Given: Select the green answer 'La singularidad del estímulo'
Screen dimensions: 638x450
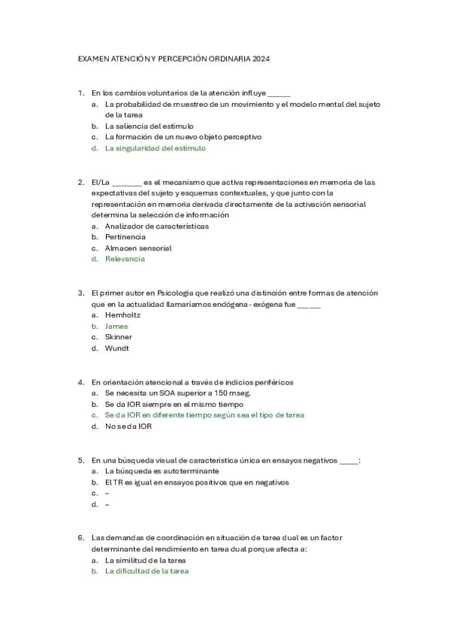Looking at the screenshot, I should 155,148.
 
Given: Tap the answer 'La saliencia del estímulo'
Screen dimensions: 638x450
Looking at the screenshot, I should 149,126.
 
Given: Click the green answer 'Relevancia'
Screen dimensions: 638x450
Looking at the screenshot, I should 125,259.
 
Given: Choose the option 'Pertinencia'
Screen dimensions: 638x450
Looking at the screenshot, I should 125,236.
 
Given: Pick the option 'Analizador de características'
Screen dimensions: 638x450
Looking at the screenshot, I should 157,226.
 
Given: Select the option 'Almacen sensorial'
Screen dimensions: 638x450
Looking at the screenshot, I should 138,248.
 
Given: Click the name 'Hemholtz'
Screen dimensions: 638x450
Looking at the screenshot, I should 122,314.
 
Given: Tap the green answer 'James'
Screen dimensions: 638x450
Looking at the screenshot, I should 116,326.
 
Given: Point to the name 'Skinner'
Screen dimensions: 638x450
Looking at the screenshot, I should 119,337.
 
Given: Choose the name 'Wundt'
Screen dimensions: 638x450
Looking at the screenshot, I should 117,348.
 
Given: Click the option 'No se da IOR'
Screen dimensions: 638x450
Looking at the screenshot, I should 128,426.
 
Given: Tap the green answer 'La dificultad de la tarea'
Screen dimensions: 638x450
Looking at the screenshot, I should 146,571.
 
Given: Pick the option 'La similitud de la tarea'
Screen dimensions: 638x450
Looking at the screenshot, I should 146,560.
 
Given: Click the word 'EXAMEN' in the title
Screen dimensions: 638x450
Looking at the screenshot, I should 94,58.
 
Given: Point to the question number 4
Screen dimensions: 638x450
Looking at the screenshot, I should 80,381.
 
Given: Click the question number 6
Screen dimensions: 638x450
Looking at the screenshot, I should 80,538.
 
